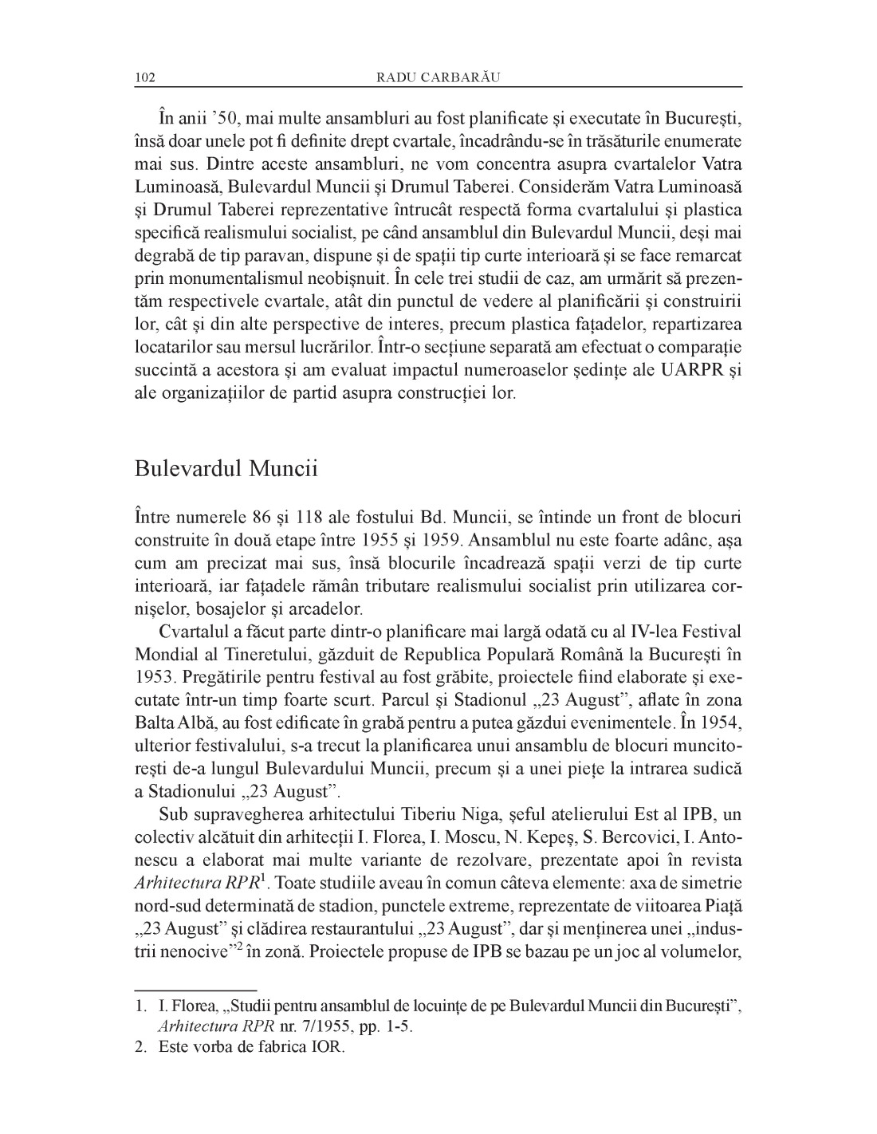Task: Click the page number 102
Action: [x=145, y=77]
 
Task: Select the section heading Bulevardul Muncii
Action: [x=226, y=468]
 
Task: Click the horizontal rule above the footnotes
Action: [x=196, y=988]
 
